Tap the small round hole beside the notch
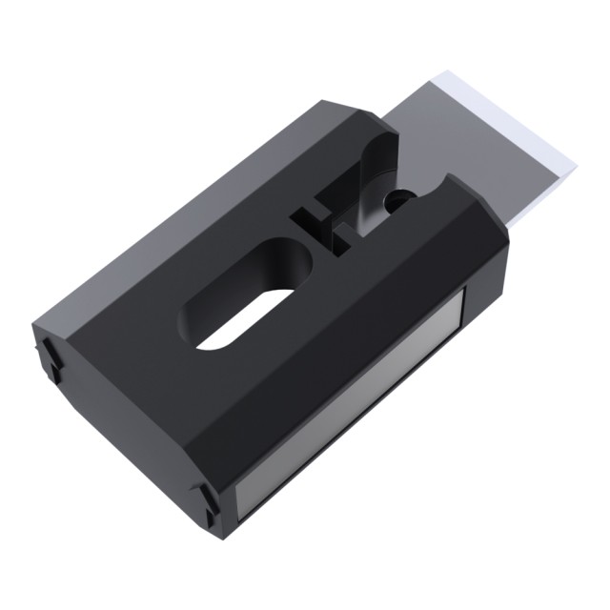400,200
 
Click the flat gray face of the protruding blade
477,143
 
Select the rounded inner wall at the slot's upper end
286,253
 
